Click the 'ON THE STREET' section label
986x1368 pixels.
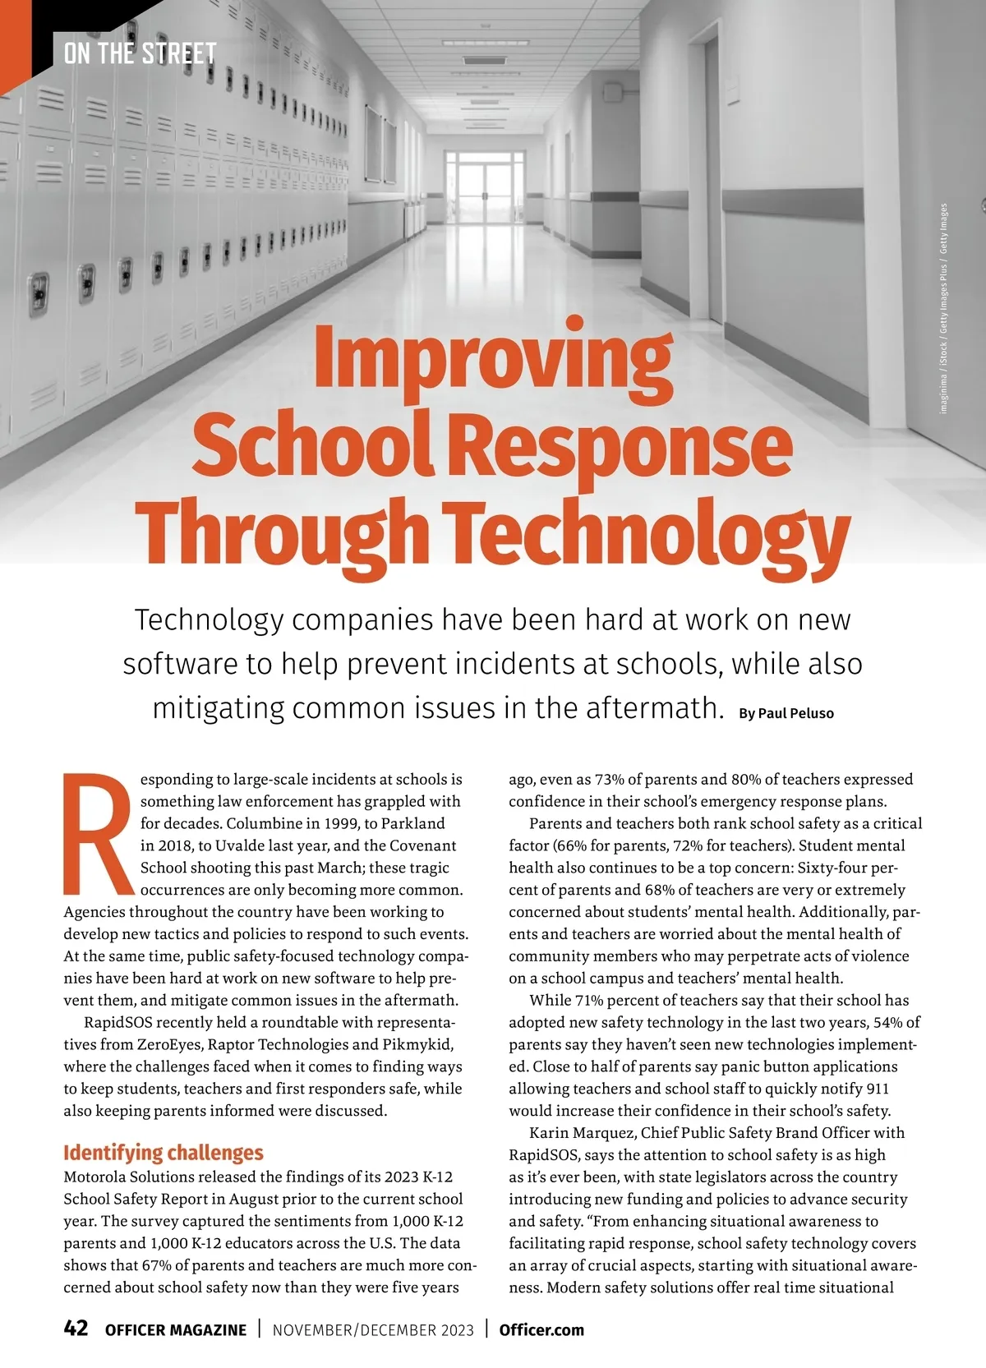click(x=140, y=54)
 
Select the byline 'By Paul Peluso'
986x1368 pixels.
click(x=786, y=713)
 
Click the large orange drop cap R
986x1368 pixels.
click(x=97, y=833)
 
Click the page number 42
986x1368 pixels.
click(x=76, y=1329)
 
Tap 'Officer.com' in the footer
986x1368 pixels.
click(x=541, y=1329)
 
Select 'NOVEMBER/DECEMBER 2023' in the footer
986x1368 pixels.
click(x=373, y=1330)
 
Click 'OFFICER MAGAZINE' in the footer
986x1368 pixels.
click(x=176, y=1330)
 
